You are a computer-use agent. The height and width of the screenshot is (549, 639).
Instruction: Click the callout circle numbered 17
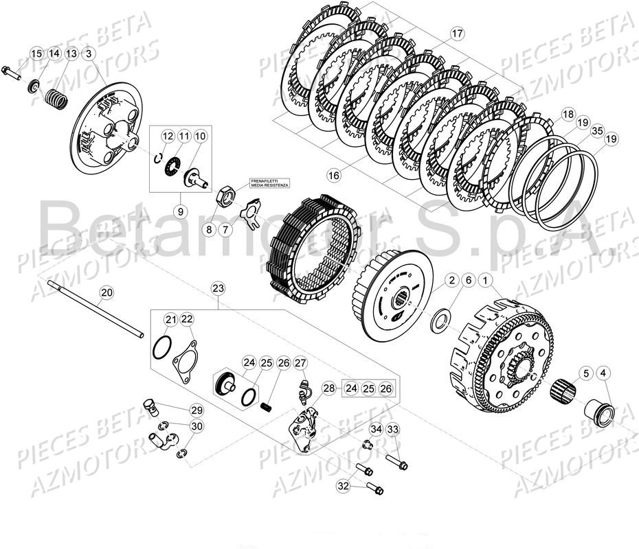tap(458, 34)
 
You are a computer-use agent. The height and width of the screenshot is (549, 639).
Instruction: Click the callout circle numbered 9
tap(179, 211)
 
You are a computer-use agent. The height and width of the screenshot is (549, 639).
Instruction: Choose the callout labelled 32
tap(344, 485)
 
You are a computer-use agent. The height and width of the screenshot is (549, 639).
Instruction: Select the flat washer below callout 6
tap(438, 318)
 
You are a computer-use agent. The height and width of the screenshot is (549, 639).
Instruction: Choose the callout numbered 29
tap(197, 410)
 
